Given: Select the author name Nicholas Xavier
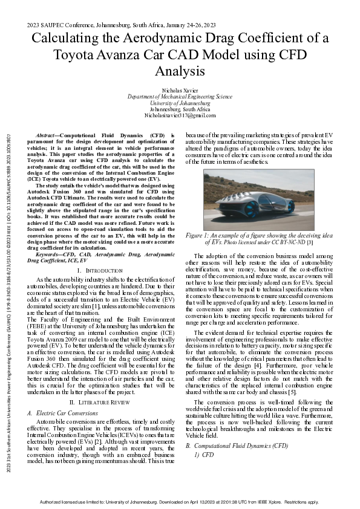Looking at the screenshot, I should [x=180, y=90].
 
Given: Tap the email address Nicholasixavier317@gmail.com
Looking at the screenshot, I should [x=180, y=115].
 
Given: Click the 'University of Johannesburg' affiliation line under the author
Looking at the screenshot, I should [x=180, y=103].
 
